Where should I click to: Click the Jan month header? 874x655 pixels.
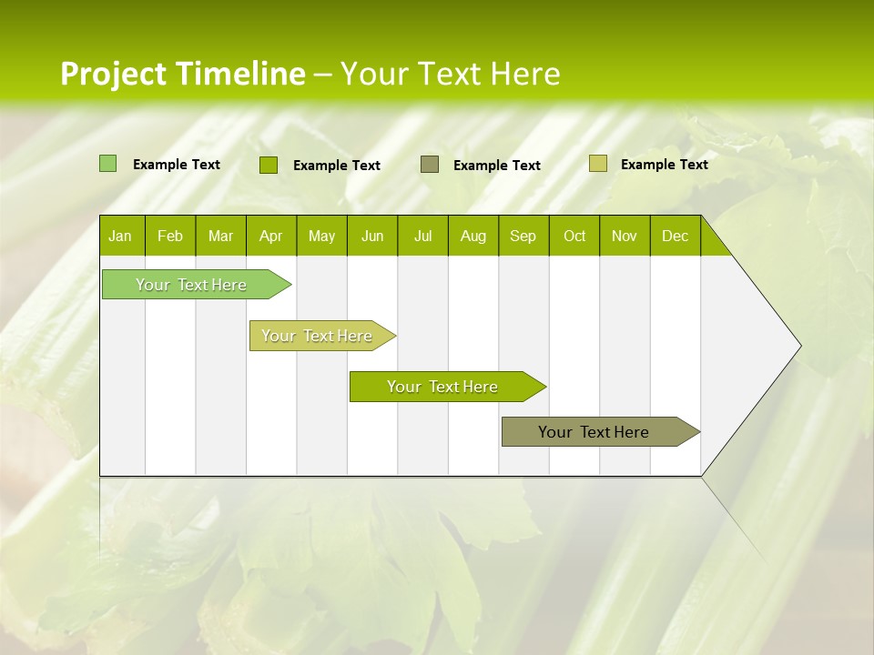click(x=120, y=236)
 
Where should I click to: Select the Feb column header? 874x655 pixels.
click(x=170, y=236)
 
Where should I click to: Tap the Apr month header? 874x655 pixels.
click(x=270, y=236)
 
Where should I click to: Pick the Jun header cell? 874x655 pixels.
click(x=372, y=236)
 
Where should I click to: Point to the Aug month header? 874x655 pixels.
click(x=473, y=236)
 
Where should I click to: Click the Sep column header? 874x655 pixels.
click(x=523, y=236)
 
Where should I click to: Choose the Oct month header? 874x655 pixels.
click(x=574, y=236)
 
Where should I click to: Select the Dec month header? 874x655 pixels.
click(x=675, y=236)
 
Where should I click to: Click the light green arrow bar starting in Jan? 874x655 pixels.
click(x=192, y=285)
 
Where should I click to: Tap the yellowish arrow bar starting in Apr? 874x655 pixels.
click(x=318, y=336)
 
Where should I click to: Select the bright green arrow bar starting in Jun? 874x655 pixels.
click(x=443, y=387)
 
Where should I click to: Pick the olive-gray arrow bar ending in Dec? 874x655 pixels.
click(x=595, y=432)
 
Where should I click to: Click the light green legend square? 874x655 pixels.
click(x=107, y=164)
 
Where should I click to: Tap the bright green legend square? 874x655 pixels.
click(x=268, y=165)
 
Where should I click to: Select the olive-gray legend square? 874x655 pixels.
click(x=430, y=164)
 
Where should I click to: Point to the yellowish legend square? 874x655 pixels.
click(x=597, y=164)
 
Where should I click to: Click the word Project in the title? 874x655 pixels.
click(x=114, y=74)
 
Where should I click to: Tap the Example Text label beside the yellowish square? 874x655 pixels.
click(x=664, y=165)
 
